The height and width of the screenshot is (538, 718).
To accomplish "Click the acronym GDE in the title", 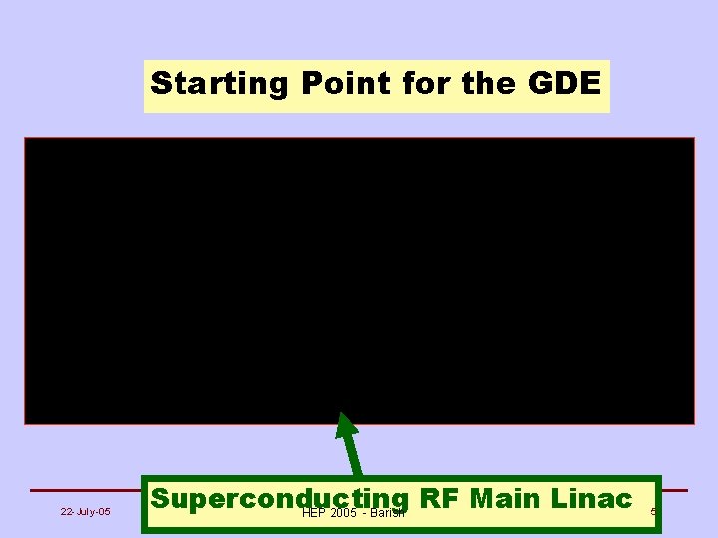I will tap(564, 84).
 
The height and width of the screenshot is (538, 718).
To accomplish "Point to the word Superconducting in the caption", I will tap(279, 499).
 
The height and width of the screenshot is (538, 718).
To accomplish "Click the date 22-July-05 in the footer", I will tap(85, 512).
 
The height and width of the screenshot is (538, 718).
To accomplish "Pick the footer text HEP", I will tap(313, 513).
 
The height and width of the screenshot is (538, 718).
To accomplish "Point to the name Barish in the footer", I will tap(389, 513).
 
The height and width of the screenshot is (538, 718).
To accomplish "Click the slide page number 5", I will tap(653, 512).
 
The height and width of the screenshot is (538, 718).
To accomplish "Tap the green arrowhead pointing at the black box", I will tap(346, 425).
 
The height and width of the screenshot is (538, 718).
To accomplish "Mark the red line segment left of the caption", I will tap(85, 490).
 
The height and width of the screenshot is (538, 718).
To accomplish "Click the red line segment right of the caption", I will tap(675, 490).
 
